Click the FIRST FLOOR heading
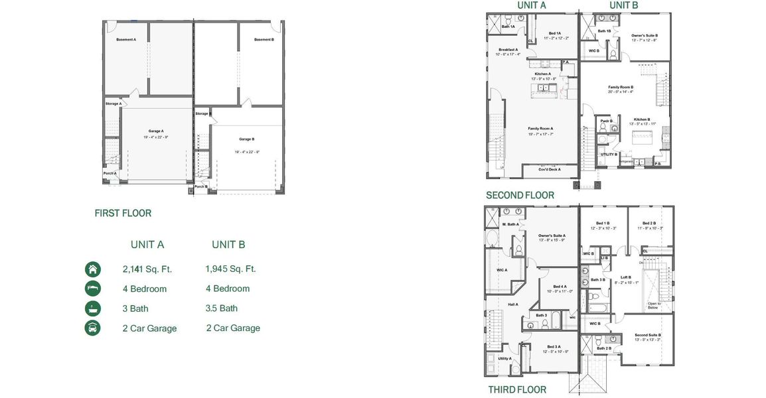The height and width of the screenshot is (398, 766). click(x=123, y=213)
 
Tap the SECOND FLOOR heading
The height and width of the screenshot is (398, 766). click(x=520, y=195)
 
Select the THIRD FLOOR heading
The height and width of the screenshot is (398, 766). click(x=517, y=389)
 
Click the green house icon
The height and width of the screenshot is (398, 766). click(x=93, y=269)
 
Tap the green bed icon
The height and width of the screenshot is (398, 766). click(x=93, y=289)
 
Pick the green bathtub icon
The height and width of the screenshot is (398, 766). click(x=93, y=308)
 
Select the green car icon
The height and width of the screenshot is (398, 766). click(x=93, y=328)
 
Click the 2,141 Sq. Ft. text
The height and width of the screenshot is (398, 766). click(x=147, y=269)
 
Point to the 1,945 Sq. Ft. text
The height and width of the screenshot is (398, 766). click(x=230, y=269)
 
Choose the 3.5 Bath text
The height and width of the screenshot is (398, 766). click(x=222, y=308)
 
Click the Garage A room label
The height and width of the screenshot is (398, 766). click(x=156, y=131)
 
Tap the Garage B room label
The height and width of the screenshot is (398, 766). click(x=246, y=139)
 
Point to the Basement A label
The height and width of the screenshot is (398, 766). click(x=126, y=40)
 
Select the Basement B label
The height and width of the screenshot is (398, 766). click(x=264, y=40)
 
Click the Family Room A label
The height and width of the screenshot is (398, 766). click(x=540, y=128)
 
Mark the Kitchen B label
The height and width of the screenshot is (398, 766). click(x=642, y=119)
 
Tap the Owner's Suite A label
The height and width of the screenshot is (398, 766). click(x=551, y=235)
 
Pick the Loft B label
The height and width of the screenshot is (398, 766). click(x=625, y=277)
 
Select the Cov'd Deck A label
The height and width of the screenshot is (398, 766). click(x=549, y=169)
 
